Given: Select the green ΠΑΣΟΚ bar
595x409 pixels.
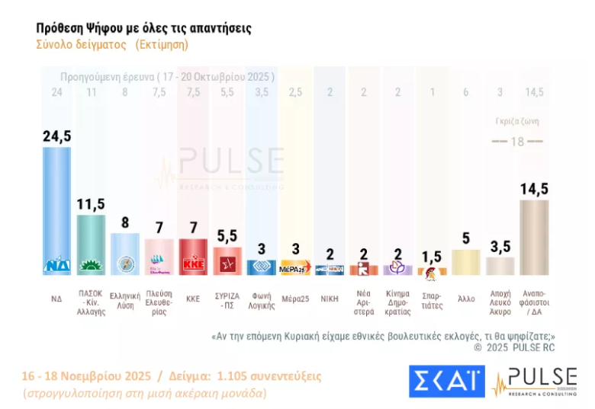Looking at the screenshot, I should (92, 244).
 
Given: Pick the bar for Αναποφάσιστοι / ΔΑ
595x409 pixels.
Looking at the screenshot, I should (534, 236).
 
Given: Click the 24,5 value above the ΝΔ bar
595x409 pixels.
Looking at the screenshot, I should (57, 136).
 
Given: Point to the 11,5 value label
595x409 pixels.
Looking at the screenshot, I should (92, 204).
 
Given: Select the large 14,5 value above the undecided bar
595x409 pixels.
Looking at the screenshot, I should (534, 189).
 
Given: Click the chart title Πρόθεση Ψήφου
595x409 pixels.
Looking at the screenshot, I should (143, 28).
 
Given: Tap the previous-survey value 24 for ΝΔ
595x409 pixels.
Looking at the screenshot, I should (56, 93).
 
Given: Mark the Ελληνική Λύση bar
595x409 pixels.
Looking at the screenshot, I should (125, 254).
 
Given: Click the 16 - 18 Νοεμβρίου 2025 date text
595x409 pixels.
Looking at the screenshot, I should (85, 376).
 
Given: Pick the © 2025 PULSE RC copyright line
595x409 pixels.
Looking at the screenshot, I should (514, 347).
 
